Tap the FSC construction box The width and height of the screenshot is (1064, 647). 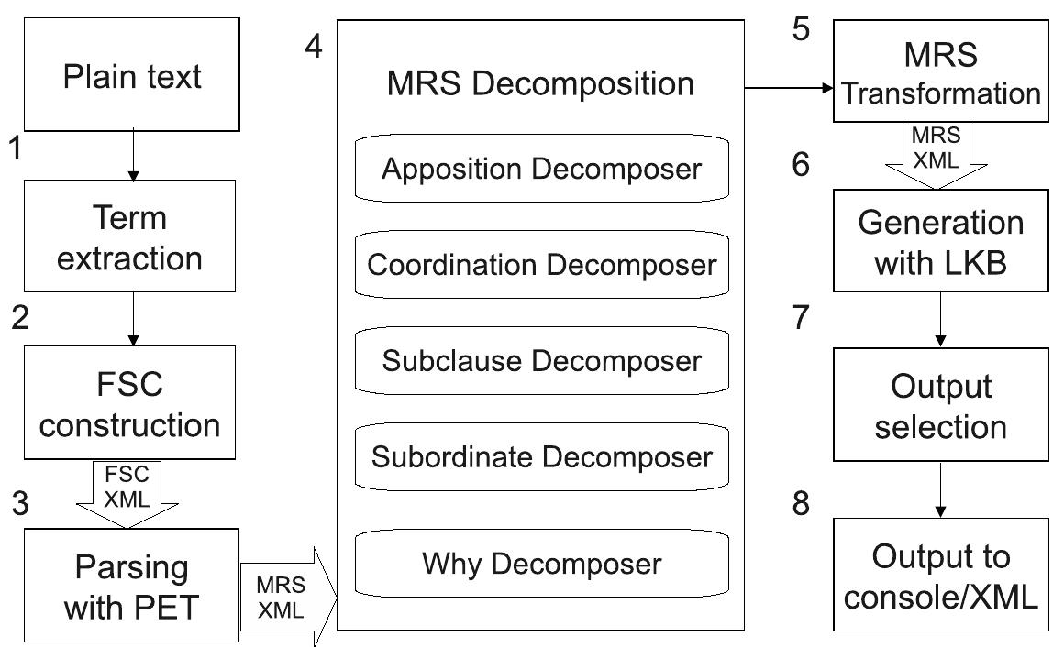point(132,404)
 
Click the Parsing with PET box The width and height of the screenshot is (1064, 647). point(132,587)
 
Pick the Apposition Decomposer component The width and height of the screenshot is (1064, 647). point(542,170)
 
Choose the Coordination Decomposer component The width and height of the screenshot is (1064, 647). point(542,265)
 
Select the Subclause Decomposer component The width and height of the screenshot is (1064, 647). point(542,361)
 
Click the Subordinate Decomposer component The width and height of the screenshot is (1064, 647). point(542,456)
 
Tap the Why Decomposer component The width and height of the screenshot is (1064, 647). point(542,563)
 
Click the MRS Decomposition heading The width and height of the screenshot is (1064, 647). point(540,84)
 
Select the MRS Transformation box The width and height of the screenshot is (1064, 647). point(941,71)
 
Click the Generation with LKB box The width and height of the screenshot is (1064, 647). point(941,243)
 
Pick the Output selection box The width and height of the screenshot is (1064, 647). point(941,406)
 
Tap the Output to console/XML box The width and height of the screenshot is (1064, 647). point(941,576)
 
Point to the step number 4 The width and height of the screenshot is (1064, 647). point(314,46)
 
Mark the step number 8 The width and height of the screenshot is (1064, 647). point(802,505)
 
